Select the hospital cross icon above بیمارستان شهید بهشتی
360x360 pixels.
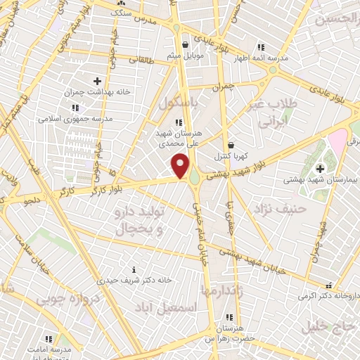321,168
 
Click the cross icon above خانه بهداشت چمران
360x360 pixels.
97,82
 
